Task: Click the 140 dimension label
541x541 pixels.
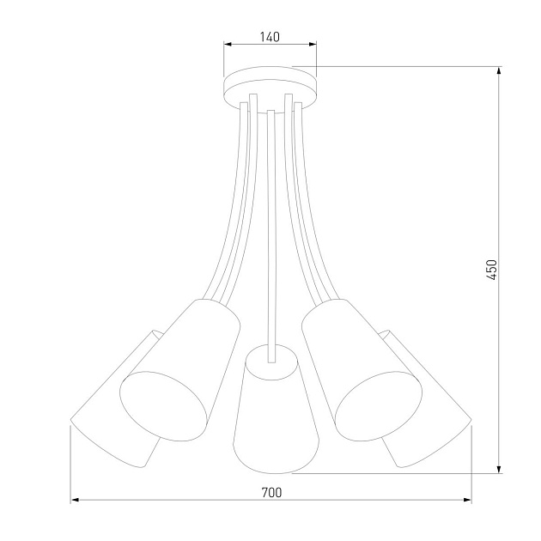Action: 270,37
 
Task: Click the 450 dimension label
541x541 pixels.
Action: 491,270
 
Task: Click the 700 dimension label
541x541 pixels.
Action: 270,492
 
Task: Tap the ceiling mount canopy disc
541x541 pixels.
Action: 270,86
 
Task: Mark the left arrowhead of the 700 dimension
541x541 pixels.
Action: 76,499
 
